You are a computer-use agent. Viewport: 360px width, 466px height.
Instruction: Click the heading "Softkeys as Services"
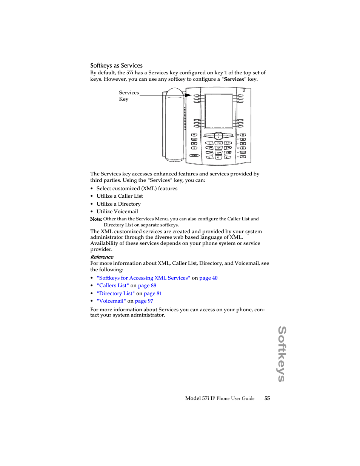click(x=116, y=66)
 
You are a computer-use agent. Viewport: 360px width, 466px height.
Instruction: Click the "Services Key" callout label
click(x=129, y=96)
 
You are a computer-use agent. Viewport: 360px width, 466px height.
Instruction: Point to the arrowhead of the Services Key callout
click(x=188, y=95)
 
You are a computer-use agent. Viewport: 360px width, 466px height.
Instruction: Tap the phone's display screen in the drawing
click(x=218, y=111)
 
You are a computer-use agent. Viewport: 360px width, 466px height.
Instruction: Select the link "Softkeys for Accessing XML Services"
click(x=143, y=278)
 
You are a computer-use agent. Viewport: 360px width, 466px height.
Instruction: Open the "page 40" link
click(x=208, y=278)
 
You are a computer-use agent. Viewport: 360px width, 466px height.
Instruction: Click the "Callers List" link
click(x=113, y=286)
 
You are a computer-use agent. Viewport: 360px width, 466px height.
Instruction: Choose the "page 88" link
click(x=147, y=286)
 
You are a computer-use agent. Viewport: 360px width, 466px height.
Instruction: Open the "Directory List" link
click(x=115, y=294)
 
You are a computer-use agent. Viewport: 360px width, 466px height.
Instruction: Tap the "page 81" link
click(x=152, y=294)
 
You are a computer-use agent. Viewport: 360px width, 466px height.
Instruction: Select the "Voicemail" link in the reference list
click(x=111, y=301)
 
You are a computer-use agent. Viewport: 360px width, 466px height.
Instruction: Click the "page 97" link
click(x=144, y=301)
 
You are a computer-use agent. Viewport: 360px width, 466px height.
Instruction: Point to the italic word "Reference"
click(x=102, y=257)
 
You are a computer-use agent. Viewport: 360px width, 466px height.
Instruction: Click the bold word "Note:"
click(x=96, y=219)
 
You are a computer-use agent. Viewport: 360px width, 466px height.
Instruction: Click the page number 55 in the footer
click(x=267, y=398)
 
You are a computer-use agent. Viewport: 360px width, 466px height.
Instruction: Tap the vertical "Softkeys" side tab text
click(x=282, y=354)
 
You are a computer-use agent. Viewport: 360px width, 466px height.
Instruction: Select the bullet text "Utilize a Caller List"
click(x=120, y=196)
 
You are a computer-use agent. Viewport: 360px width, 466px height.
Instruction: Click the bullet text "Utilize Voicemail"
click(x=117, y=212)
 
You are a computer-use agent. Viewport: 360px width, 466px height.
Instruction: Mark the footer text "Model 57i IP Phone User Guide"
click(x=220, y=398)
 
